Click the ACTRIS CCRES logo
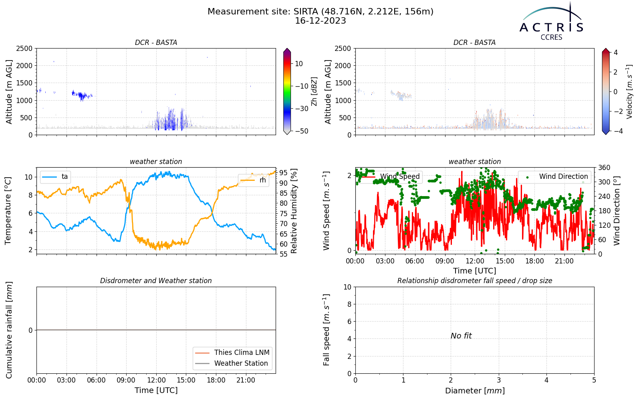[x=551, y=22]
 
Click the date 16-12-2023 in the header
[x=320, y=21]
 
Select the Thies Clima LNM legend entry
[x=232, y=352]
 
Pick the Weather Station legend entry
[x=232, y=363]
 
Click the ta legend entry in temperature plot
[x=55, y=176]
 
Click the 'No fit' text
[x=461, y=336]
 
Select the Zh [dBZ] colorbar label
[x=314, y=91]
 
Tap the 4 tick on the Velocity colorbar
[x=615, y=53]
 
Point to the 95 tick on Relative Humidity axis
[x=283, y=173]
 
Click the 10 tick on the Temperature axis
[x=28, y=177]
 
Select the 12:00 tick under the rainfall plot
[x=156, y=381]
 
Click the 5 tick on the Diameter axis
[x=594, y=380]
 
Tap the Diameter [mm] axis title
[x=475, y=391]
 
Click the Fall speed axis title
[x=327, y=330]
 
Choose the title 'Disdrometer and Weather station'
[x=156, y=281]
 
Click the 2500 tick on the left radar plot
[x=24, y=49]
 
